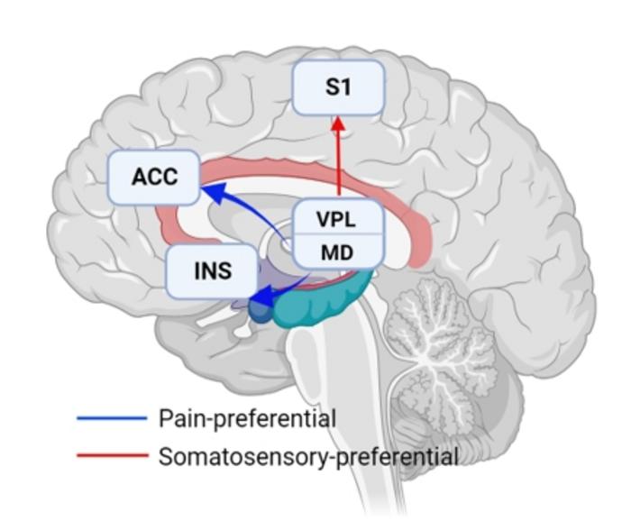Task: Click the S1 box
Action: pyautogui.click(x=338, y=87)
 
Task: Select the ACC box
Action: pyautogui.click(x=154, y=177)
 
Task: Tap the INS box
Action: pyautogui.click(x=212, y=270)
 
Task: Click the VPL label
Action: pyautogui.click(x=337, y=218)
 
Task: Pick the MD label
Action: pyautogui.click(x=337, y=252)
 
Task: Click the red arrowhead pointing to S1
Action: pyautogui.click(x=338, y=125)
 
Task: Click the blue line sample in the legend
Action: pyautogui.click(x=111, y=418)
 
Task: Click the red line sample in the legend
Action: pyautogui.click(x=111, y=456)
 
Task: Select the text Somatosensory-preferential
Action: pyautogui.click(x=307, y=456)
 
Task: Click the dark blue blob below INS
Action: pyautogui.click(x=259, y=311)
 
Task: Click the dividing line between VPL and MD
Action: pyautogui.click(x=338, y=234)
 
